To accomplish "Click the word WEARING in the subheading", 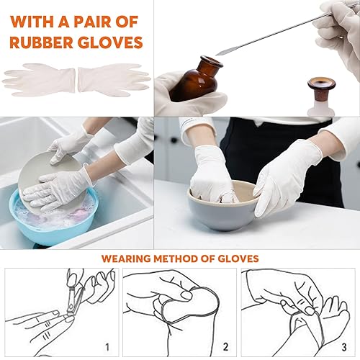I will pyautogui.click(x=129, y=257).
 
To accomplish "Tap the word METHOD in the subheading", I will pyautogui.click(x=183, y=257).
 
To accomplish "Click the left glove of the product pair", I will pyautogui.click(x=40, y=78).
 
